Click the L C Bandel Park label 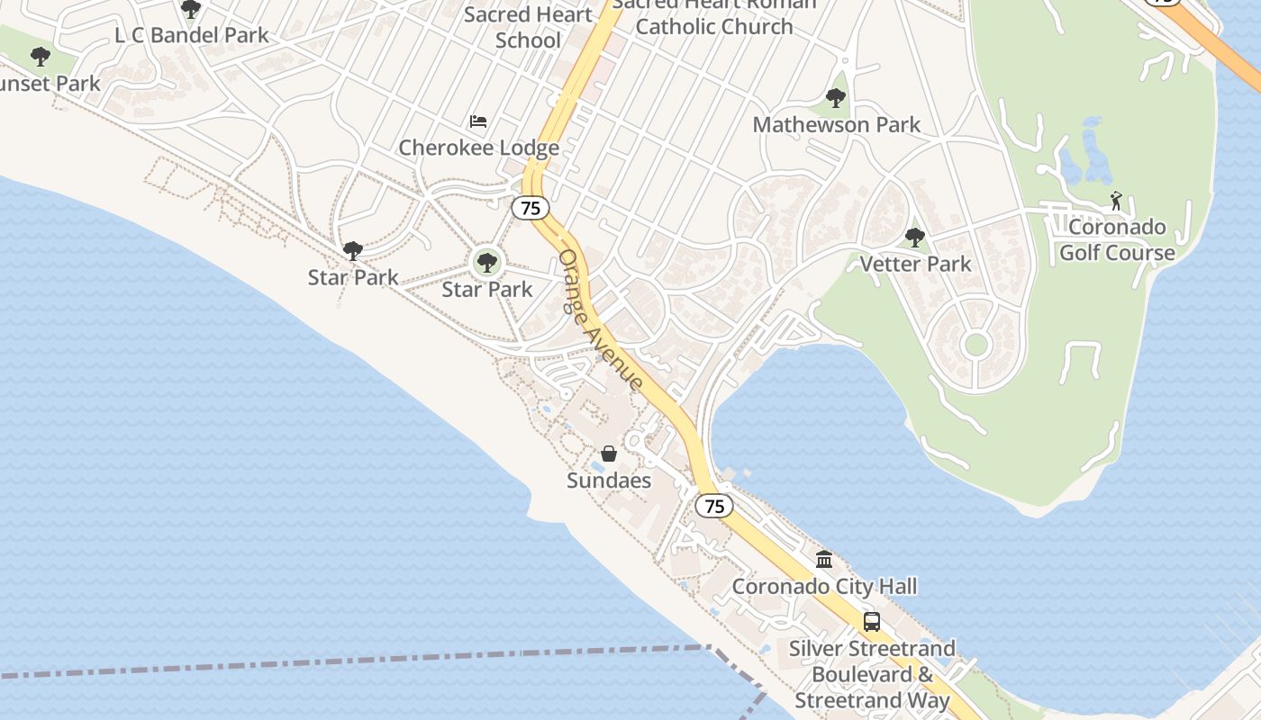192,36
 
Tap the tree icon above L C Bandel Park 191,9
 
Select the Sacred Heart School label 528,27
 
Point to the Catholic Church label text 714,26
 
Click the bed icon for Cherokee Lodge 478,121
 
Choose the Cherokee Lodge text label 478,148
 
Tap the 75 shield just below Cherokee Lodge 531,208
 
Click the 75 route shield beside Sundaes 714,506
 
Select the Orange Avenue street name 601,320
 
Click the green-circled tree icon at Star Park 487,263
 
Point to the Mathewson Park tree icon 836,98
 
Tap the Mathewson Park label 836,124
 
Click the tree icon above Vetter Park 915,238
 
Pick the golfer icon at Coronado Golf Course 1117,201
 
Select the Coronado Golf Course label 1117,239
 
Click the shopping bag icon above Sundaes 609,454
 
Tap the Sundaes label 609,481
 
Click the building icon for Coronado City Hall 824,560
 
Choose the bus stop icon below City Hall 872,621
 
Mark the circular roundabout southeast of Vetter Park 975,344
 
